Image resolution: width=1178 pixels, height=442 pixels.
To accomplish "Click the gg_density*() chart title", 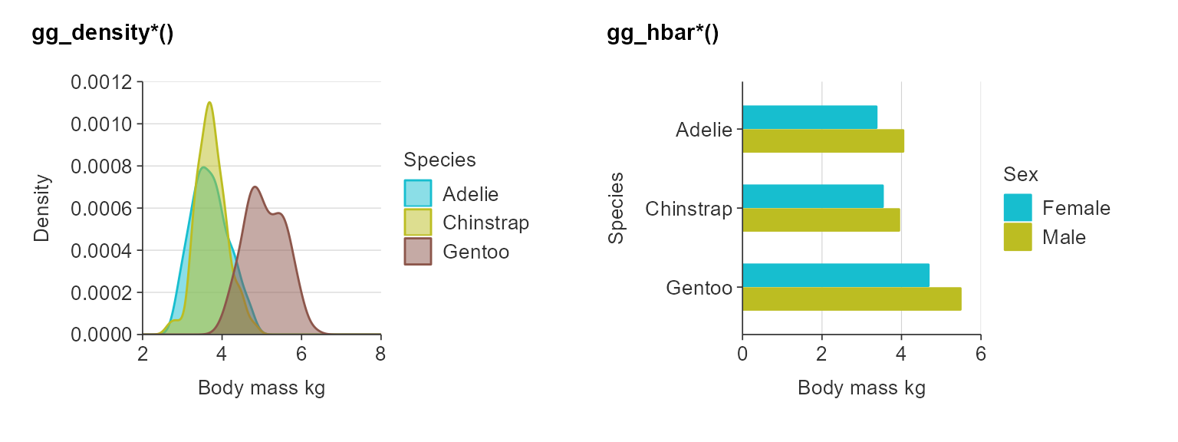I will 102,35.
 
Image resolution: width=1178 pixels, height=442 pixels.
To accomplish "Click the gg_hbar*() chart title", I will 663,35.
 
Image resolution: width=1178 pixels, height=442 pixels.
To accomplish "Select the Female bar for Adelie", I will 809,117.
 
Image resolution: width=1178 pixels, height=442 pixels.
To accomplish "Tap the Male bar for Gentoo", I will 851,299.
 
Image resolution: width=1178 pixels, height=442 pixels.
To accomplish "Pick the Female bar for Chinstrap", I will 812,196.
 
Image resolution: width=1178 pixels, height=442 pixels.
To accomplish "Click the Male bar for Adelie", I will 823,141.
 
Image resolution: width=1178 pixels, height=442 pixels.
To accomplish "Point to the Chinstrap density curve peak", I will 209,103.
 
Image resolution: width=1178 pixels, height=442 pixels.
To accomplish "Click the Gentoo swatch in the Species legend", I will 418,252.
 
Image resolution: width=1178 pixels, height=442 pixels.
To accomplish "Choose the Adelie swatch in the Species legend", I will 418,193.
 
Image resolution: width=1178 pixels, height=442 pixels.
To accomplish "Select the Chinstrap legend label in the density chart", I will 485,223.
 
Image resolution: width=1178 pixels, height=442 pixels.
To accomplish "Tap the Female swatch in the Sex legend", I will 1018,208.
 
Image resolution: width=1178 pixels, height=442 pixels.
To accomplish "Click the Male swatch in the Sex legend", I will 1018,237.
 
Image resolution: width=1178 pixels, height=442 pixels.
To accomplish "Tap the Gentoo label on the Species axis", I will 699,289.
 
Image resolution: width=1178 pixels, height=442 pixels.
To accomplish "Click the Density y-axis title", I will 41,208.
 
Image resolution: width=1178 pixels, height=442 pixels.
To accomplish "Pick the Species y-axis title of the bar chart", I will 616,208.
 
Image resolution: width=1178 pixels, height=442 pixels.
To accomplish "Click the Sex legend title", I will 1021,175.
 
